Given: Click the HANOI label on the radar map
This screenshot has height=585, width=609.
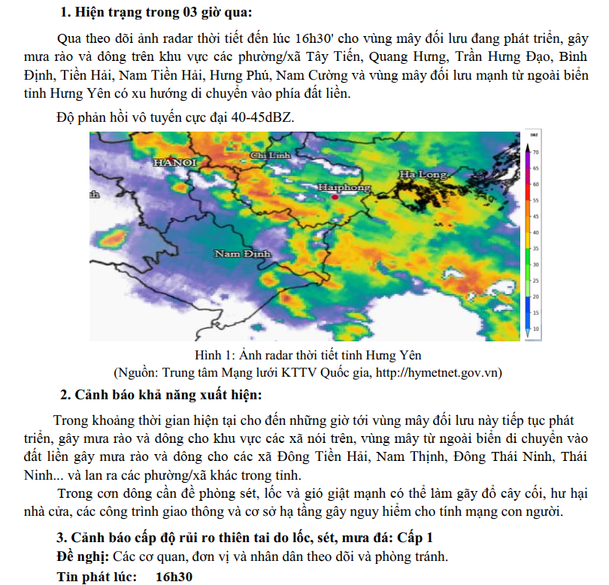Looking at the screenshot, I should point(174,162).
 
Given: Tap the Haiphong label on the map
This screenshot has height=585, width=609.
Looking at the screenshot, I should point(344,186).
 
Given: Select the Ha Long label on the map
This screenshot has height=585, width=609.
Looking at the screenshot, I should point(423,174).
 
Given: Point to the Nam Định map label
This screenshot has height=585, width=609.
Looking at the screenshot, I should point(242,254).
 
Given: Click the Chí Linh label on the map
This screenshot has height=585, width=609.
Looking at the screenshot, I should point(269,155).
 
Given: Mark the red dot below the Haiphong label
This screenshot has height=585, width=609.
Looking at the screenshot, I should point(334,197).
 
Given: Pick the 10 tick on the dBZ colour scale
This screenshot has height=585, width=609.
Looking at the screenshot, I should point(536,329).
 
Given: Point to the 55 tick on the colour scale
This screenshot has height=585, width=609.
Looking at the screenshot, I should point(536,201).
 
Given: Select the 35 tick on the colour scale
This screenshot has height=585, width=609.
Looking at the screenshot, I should point(536,248).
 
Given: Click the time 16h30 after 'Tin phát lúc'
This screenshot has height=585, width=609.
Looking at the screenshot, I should point(174,577).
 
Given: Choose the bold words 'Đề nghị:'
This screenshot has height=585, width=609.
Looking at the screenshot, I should point(83,557).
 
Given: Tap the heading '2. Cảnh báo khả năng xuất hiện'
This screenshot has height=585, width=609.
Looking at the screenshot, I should point(161,395).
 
